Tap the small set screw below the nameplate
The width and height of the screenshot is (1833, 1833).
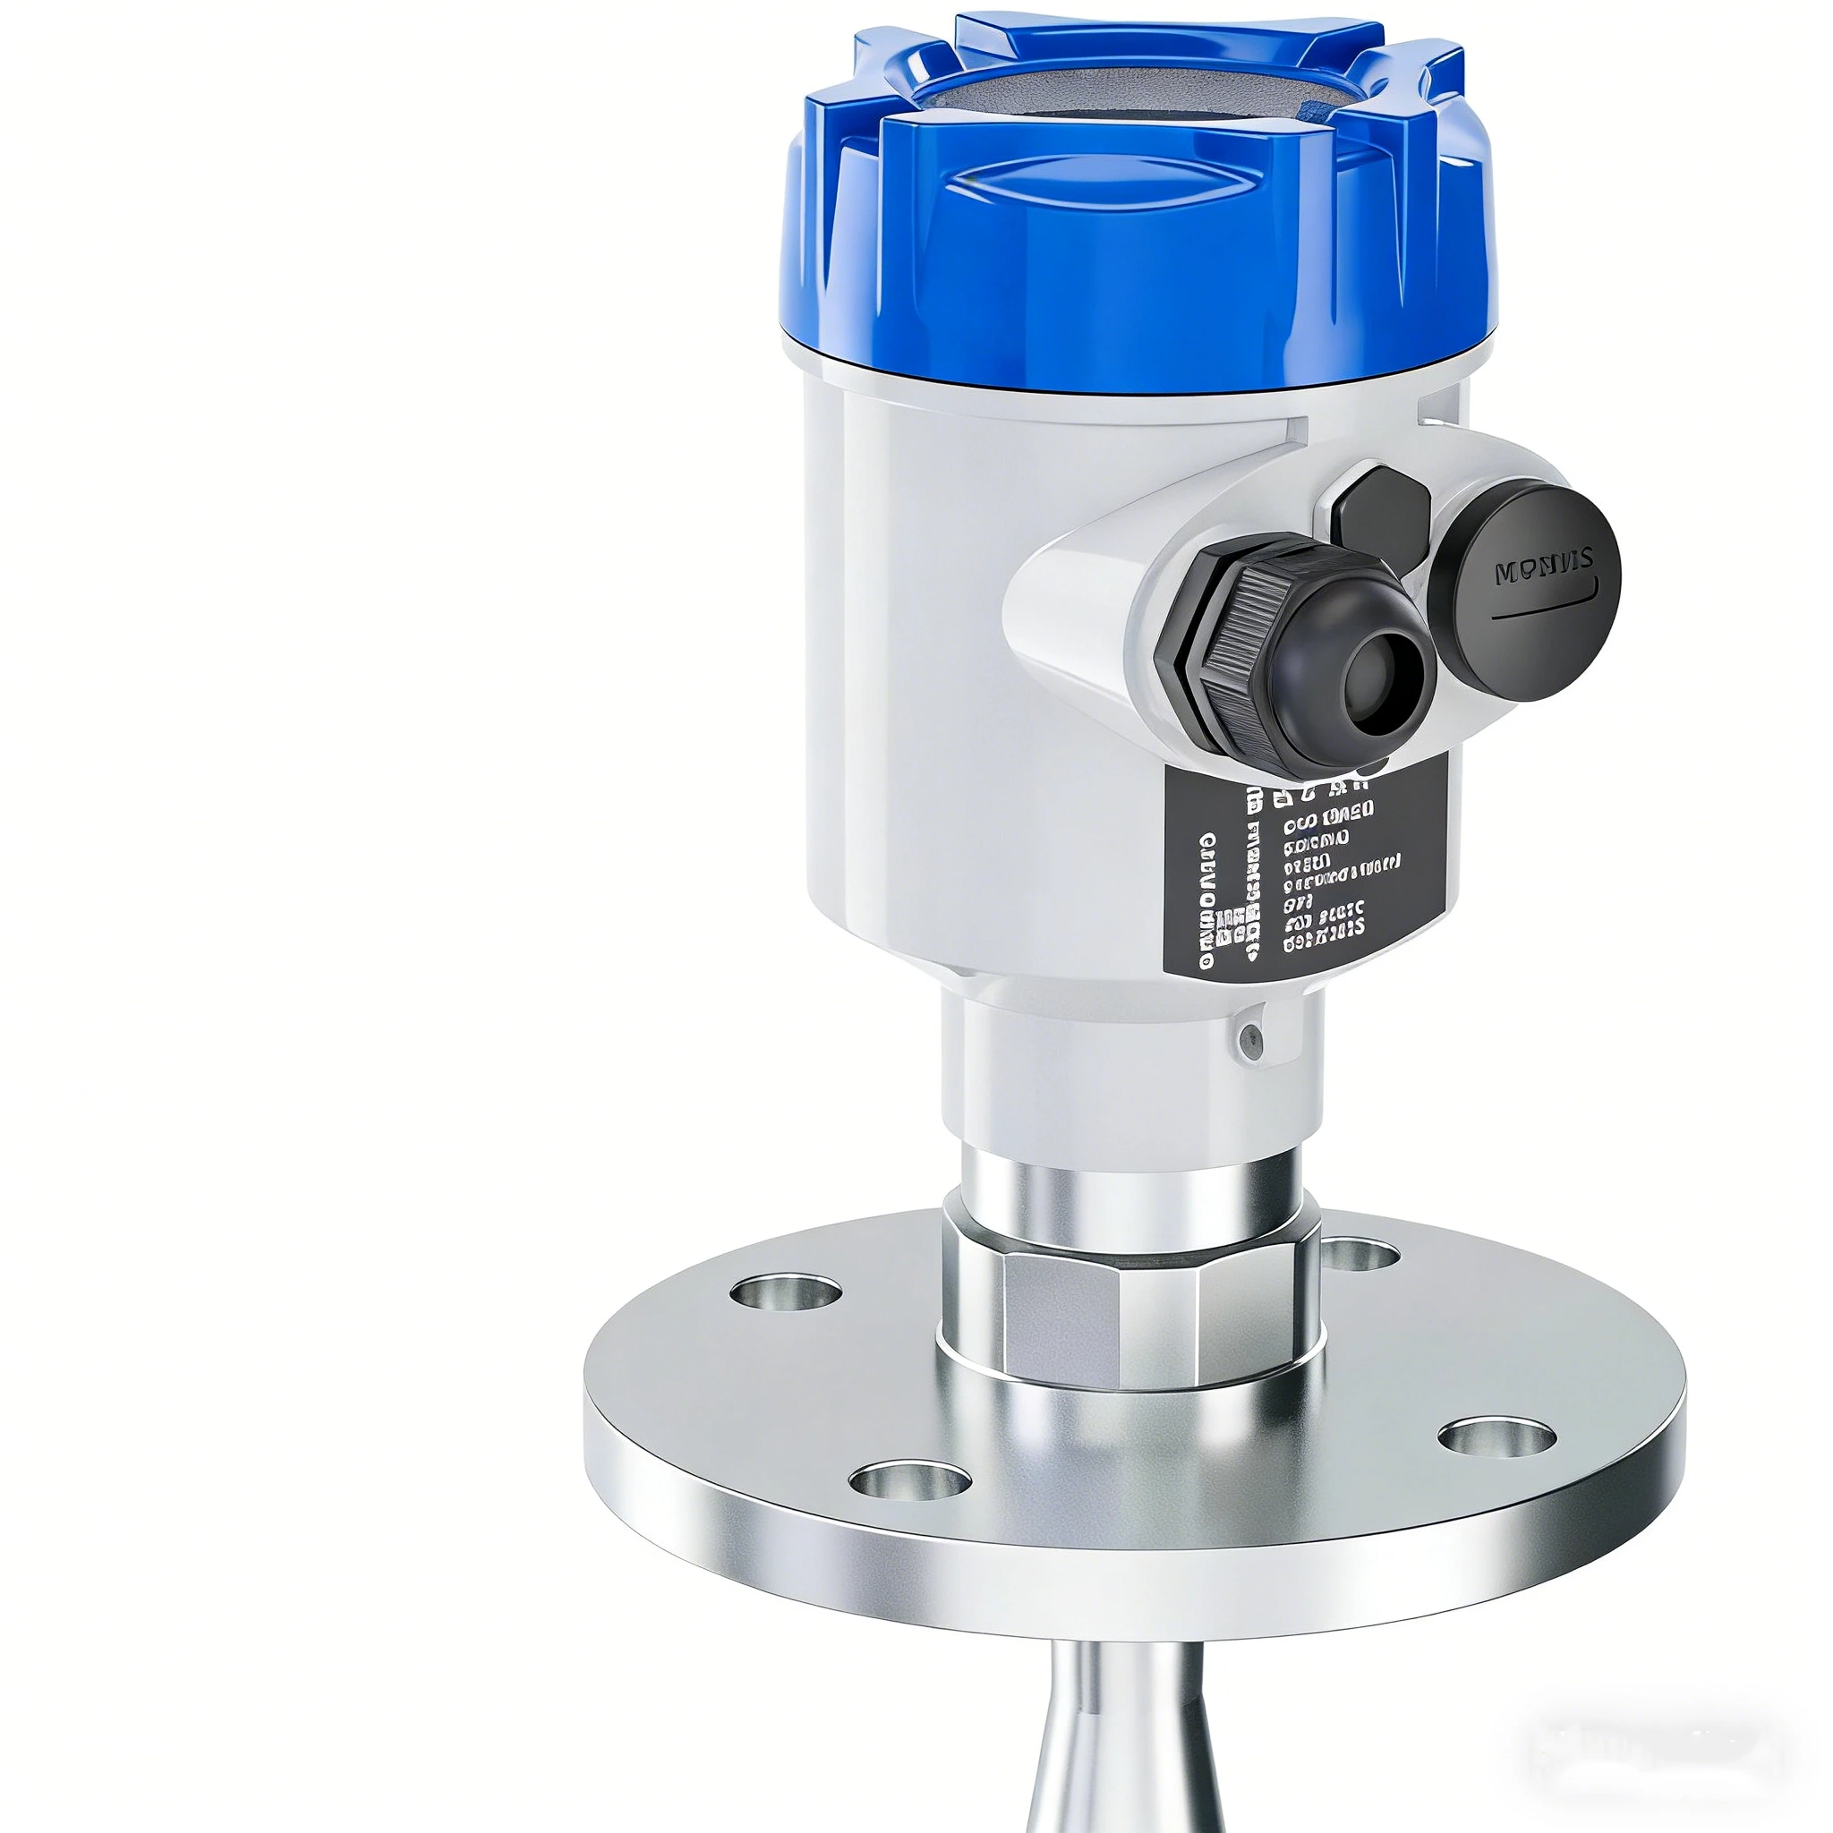coord(1251,1041)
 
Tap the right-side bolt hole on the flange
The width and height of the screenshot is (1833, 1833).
coord(1496,1438)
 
